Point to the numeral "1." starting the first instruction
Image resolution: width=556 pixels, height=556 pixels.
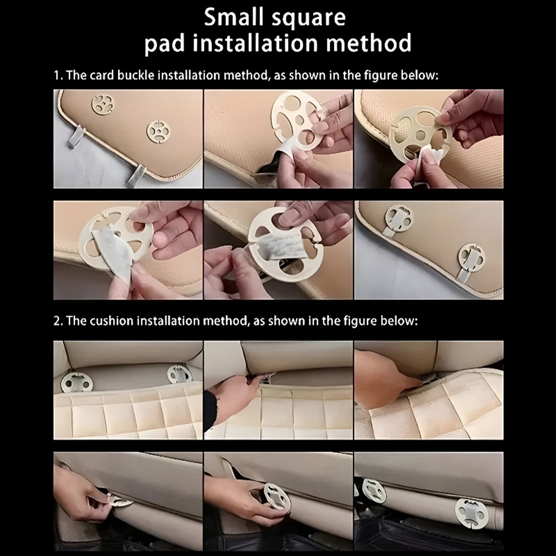coord(58,76)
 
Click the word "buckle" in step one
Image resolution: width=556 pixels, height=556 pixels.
coord(136,76)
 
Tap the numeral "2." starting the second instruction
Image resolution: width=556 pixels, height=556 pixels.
coord(59,321)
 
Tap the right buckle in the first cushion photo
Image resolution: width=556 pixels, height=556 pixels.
coord(180,375)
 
